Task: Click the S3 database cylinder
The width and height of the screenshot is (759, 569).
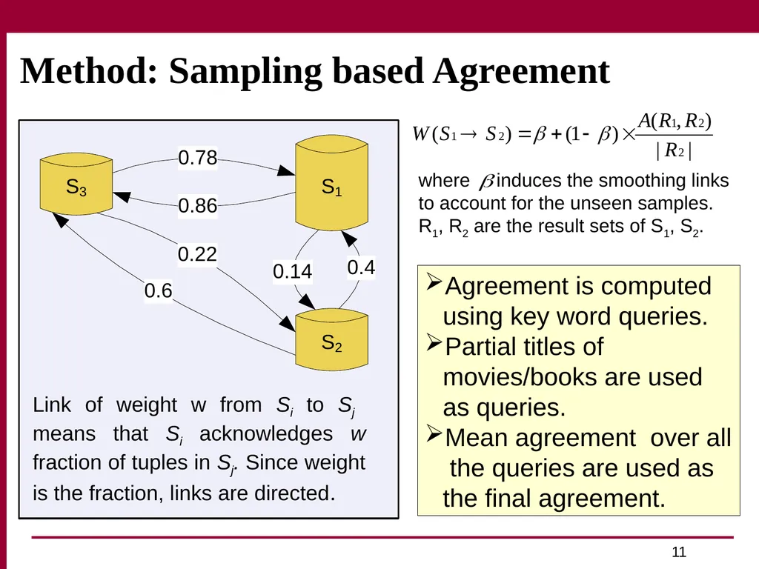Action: click(76, 184)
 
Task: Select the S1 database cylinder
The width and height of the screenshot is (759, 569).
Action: click(331, 183)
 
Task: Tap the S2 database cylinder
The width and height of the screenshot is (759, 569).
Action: click(331, 339)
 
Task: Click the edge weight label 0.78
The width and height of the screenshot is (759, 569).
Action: click(197, 158)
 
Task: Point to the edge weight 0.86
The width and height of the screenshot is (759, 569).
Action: click(197, 206)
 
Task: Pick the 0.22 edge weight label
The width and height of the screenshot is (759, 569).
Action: click(197, 254)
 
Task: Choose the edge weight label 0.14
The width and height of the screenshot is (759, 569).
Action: click(292, 271)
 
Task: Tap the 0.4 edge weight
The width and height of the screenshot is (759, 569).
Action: click(361, 267)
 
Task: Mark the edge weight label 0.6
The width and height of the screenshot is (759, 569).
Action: click(159, 290)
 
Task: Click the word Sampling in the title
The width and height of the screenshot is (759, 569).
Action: click(245, 72)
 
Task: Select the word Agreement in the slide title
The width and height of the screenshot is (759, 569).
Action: click(521, 72)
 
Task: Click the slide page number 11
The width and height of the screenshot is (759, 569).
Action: click(679, 552)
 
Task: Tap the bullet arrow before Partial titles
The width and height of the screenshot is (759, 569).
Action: click(434, 342)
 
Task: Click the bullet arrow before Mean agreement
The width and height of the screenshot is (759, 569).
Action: click(434, 433)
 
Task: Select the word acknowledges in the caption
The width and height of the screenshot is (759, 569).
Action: click(266, 433)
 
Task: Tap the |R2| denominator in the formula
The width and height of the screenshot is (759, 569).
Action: click(674, 150)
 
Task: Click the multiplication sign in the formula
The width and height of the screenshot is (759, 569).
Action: click(628, 135)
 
